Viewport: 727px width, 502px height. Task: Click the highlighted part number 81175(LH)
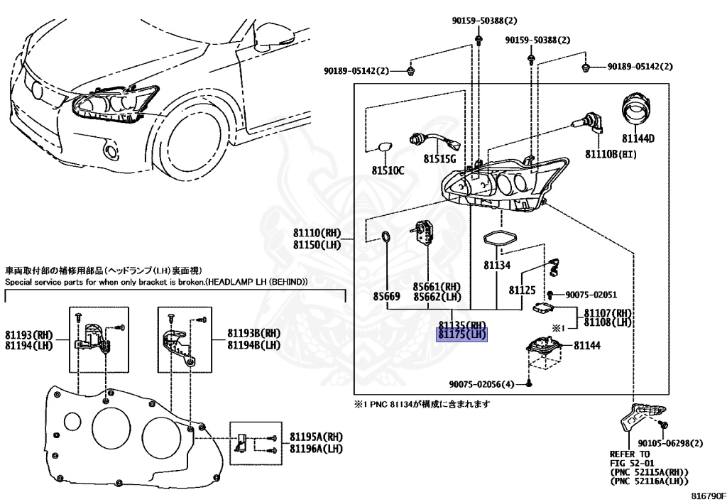pos(461,334)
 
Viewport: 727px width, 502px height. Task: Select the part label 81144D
pos(638,138)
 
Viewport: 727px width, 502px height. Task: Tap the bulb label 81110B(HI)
pos(611,153)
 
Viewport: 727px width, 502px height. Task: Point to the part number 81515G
pos(440,158)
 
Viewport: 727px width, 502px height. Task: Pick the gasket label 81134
pos(497,265)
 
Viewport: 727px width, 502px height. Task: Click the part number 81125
pos(522,290)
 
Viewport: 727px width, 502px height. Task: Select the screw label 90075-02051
pos(591,295)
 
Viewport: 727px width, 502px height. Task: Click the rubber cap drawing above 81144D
pos(637,110)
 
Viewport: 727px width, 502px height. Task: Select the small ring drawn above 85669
pos(385,237)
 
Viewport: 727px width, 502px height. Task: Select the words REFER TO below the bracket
pos(629,454)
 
